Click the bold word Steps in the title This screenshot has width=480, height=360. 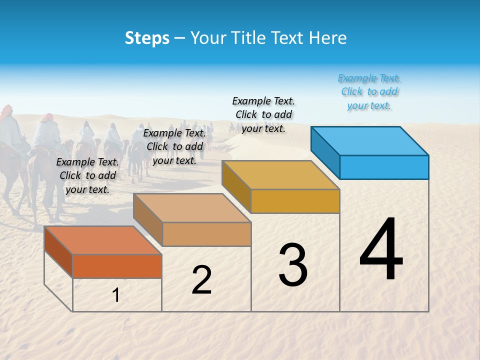(147, 38)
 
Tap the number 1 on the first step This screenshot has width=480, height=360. (116, 295)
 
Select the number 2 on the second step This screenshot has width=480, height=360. (201, 280)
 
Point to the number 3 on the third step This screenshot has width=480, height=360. (293, 265)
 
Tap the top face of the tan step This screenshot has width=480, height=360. (192, 208)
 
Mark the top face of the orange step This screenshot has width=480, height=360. (103, 240)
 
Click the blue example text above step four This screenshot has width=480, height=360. (369, 92)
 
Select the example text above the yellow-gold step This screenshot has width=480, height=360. (263, 114)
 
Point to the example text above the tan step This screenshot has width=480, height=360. (174, 146)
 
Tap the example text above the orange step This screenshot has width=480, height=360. (87, 175)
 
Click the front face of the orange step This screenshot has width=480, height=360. (117, 266)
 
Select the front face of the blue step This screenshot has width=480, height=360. (384, 167)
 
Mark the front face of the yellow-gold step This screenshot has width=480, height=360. (295, 201)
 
